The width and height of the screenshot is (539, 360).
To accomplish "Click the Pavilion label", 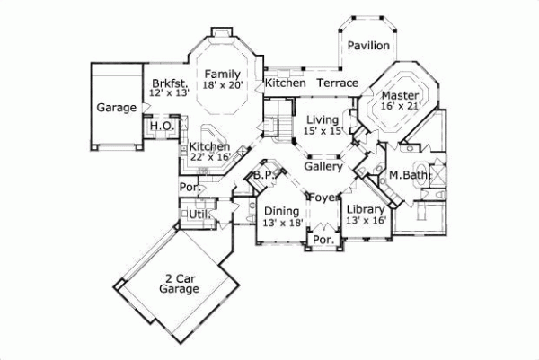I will click(368, 46).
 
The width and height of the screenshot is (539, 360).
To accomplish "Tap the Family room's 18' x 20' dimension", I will click(220, 86).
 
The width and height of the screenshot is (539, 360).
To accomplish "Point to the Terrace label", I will click(337, 83).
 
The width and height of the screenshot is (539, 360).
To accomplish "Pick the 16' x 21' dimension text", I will click(400, 106).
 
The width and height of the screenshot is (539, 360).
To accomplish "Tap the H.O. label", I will click(162, 126).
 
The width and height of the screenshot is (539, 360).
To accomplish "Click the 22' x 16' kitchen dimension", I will click(210, 157).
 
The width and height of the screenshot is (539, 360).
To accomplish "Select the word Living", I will click(322, 119).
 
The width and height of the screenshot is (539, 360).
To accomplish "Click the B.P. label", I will click(263, 175).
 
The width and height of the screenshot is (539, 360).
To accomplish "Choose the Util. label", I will click(199, 215).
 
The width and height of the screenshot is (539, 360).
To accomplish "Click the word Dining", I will click(281, 211).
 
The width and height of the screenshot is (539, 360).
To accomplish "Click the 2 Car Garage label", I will click(179, 284).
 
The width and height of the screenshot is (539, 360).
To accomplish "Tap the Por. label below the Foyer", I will click(322, 241).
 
